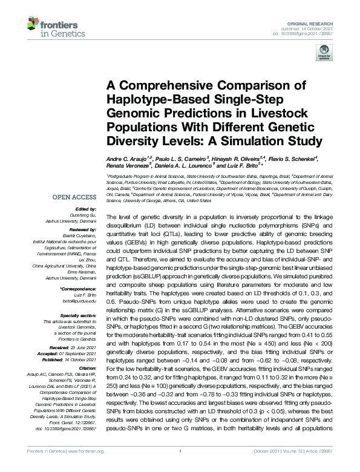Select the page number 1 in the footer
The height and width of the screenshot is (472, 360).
click(180, 467)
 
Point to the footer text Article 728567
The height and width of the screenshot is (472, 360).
click(332, 467)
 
